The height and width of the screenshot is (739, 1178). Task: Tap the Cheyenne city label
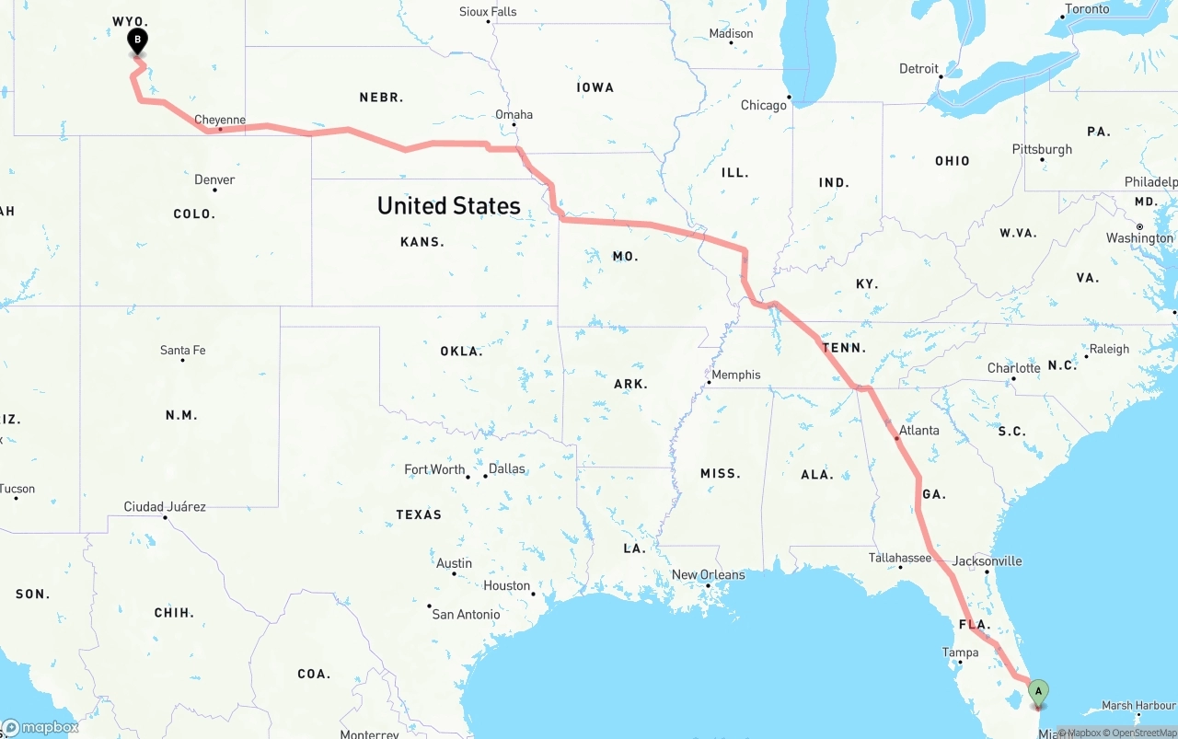(220, 120)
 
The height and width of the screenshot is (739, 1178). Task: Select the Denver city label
(214, 179)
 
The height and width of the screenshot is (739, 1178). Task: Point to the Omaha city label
(514, 115)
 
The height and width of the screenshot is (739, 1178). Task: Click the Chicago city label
(764, 105)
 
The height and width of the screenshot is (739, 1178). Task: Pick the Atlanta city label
(919, 430)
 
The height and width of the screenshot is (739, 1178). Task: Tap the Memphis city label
(736, 375)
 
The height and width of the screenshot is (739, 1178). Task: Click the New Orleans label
(708, 574)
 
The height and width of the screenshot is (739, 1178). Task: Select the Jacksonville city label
(987, 560)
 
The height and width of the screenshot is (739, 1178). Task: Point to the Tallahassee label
(899, 558)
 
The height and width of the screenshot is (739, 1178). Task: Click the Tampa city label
(960, 652)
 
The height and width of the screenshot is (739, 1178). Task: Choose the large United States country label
(449, 205)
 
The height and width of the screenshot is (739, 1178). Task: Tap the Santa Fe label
(182, 350)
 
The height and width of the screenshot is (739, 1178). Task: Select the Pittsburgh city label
(1042, 149)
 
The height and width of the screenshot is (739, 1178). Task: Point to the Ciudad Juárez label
(165, 506)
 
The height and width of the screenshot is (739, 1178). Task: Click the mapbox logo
(40, 727)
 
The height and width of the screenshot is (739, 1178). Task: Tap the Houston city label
(506, 585)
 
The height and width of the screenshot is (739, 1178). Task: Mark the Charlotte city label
(1013, 368)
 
